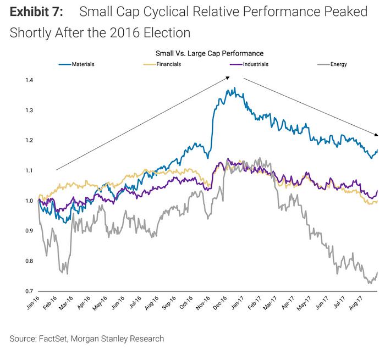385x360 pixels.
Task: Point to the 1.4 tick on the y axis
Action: tap(29, 80)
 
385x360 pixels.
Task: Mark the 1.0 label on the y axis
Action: tap(29, 201)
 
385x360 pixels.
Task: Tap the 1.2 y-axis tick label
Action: tap(29, 141)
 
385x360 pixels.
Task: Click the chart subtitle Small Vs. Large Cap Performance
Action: tap(208, 53)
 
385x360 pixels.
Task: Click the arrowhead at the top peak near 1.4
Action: tap(227, 78)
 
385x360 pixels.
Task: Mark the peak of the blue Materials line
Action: tap(234, 88)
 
